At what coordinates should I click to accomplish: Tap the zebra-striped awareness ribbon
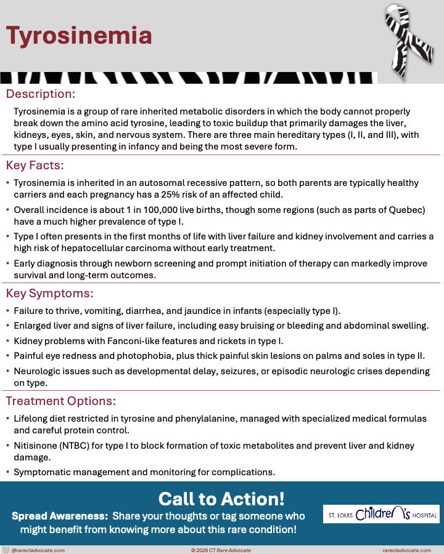(x=409, y=41)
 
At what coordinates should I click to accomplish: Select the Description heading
(x=41, y=94)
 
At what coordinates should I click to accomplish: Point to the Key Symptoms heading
(x=49, y=293)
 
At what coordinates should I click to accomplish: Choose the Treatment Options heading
(x=61, y=401)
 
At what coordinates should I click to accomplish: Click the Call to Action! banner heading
(x=221, y=498)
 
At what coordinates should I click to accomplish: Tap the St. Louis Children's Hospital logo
(x=381, y=514)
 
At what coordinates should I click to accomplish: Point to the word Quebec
(x=405, y=210)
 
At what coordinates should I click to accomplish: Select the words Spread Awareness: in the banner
(x=60, y=515)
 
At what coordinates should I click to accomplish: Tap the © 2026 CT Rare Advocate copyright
(x=221, y=550)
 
